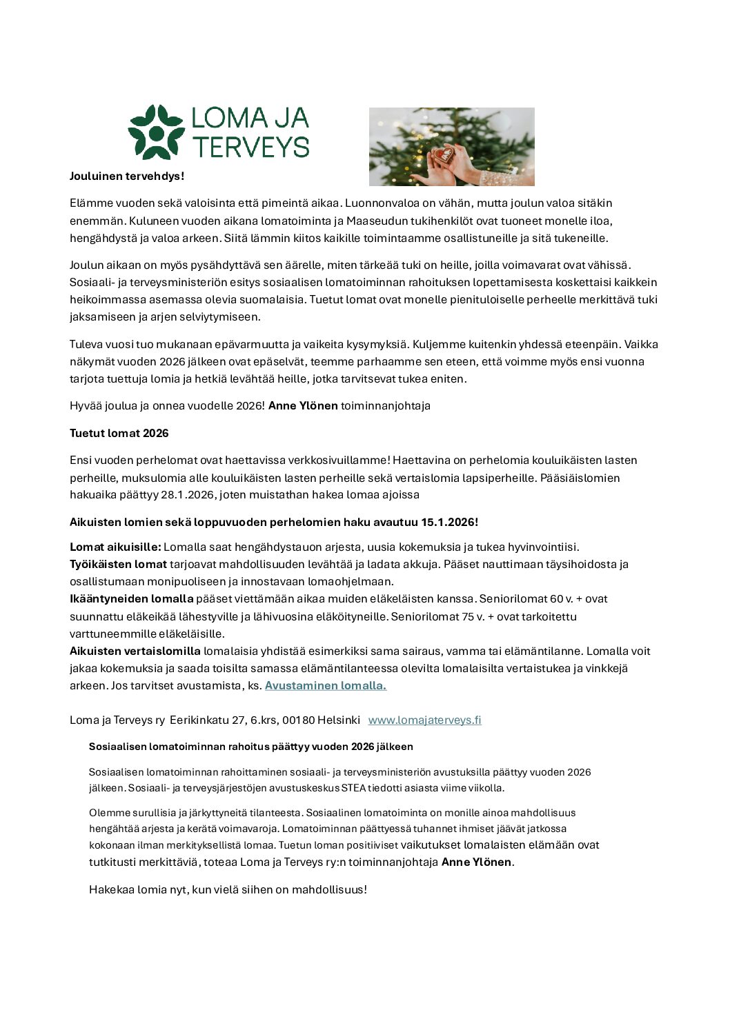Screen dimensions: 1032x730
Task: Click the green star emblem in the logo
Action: click(156, 132)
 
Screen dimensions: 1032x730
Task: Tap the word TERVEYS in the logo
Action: click(250, 147)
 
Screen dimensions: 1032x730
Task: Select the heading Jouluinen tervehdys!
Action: click(127, 176)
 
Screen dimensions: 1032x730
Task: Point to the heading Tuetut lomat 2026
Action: click(119, 433)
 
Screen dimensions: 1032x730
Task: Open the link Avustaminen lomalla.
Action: click(325, 685)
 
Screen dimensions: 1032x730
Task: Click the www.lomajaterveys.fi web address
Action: click(424, 720)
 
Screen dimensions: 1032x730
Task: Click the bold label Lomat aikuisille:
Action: click(115, 547)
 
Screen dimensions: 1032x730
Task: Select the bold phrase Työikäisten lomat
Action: click(118, 564)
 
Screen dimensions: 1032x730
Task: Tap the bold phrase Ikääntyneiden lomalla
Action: click(131, 598)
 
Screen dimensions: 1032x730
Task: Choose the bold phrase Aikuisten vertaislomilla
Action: click(135, 651)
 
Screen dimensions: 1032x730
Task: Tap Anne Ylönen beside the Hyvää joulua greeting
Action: click(303, 405)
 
